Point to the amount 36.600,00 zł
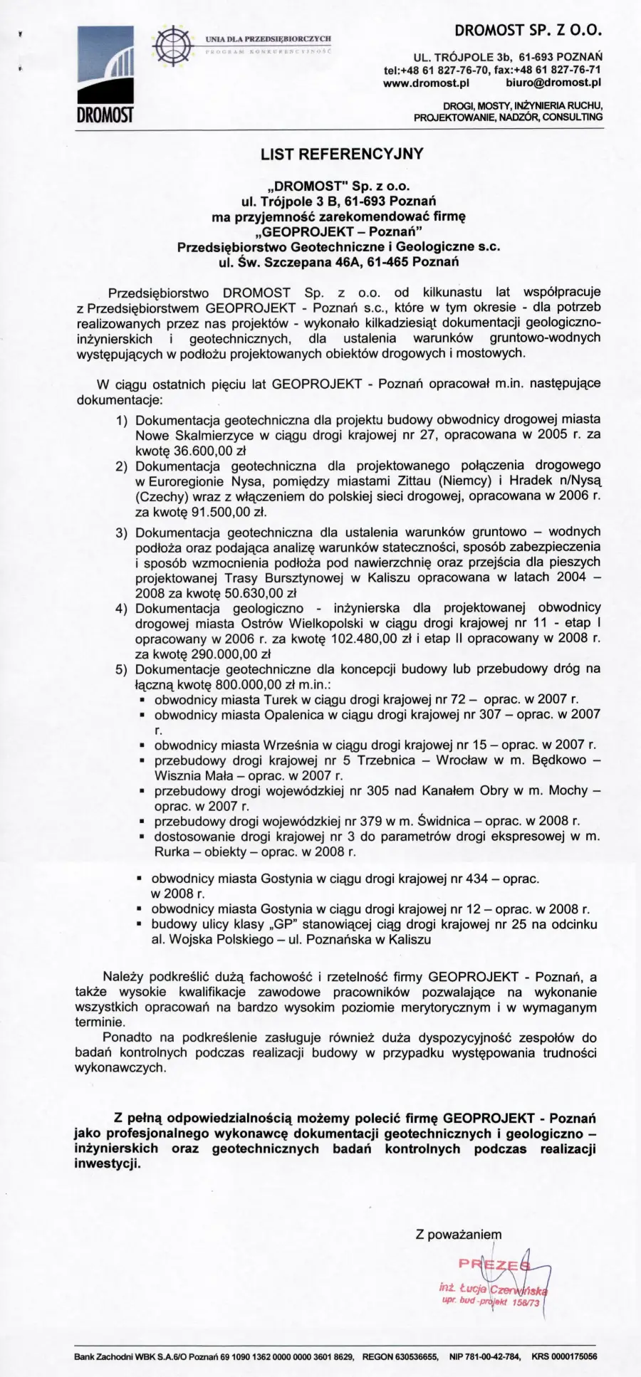tap(207, 450)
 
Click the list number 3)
tap(121, 532)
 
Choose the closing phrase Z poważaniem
tap(459, 1235)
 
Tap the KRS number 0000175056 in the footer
tap(572, 1357)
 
